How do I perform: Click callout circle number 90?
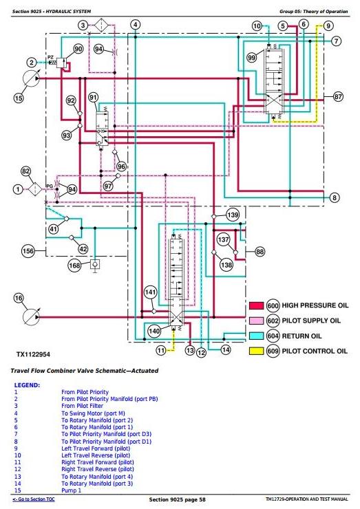pos(78,49)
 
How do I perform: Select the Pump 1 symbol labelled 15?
pos(31,78)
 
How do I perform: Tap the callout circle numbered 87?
pos(338,96)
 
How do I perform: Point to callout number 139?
pos(233,215)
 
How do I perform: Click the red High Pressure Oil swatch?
pos(256,305)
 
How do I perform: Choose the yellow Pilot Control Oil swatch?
pos(256,351)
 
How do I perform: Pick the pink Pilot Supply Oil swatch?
pos(256,321)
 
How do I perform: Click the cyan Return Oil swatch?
pos(256,336)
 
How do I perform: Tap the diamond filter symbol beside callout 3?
pos(102,25)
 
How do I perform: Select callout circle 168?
pos(74,266)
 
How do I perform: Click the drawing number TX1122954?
pos(33,354)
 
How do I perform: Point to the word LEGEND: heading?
pos(27,385)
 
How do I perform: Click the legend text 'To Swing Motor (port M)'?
pos(93,413)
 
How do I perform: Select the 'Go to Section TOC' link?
pos(34,499)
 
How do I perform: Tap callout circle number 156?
pos(28,251)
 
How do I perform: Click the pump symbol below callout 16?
pos(31,317)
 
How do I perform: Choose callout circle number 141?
pos(151,292)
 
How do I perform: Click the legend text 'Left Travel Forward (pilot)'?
pos(96,448)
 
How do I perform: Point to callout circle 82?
pos(25,171)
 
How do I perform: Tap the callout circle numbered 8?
pos(335,197)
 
